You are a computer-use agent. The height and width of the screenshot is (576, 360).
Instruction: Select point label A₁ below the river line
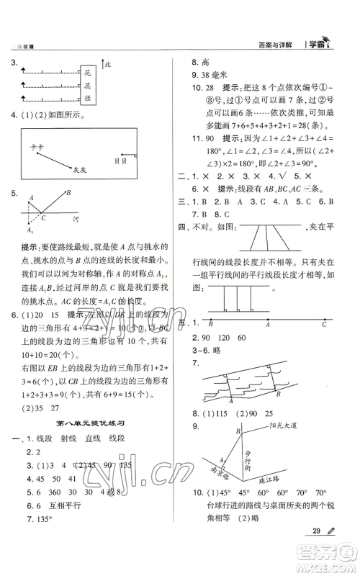point(30,230)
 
